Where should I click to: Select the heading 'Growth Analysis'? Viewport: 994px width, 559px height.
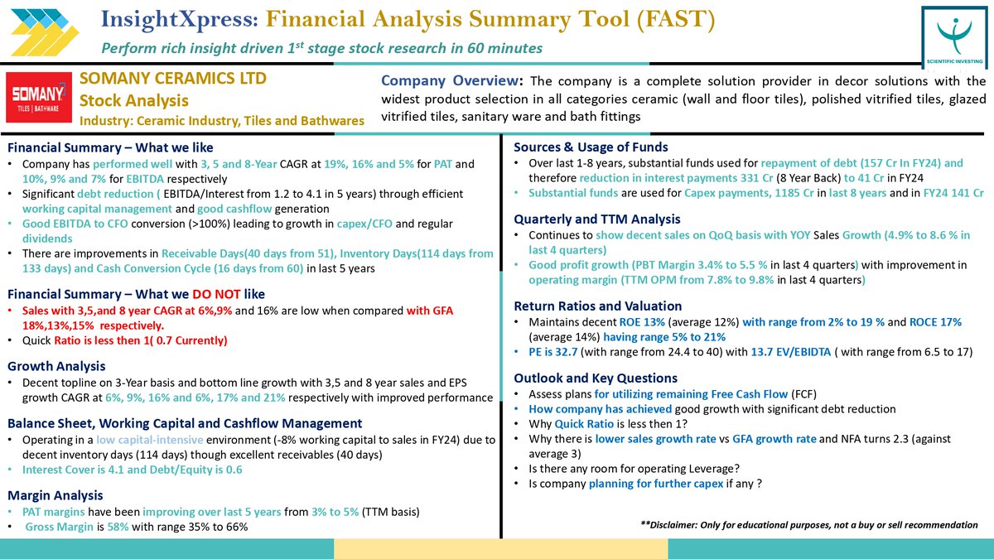pyautogui.click(x=56, y=366)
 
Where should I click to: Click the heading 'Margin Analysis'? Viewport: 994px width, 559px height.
pyautogui.click(x=55, y=495)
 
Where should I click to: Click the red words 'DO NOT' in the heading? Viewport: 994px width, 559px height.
pyautogui.click(x=220, y=293)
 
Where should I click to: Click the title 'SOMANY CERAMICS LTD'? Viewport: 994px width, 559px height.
pyautogui.click(x=173, y=79)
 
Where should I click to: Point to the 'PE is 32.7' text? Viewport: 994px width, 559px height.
pyautogui.click(x=553, y=352)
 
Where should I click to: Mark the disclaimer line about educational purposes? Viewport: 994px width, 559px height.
pyautogui.click(x=808, y=525)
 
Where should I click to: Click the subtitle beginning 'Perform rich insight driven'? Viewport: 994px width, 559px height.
pyautogui.click(x=321, y=48)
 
